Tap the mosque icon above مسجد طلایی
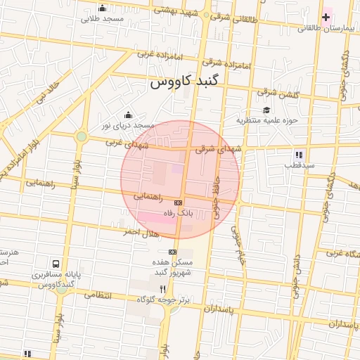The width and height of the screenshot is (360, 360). coord(103,8)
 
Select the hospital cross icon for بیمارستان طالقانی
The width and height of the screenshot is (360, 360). coord(326,16)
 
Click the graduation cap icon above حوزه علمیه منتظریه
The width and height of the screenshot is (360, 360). coord(266,110)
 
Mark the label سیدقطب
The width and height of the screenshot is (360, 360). coord(298,166)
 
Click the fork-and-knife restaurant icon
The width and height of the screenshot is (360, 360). coord(163,288)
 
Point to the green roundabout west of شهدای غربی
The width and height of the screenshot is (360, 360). coord(82,136)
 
